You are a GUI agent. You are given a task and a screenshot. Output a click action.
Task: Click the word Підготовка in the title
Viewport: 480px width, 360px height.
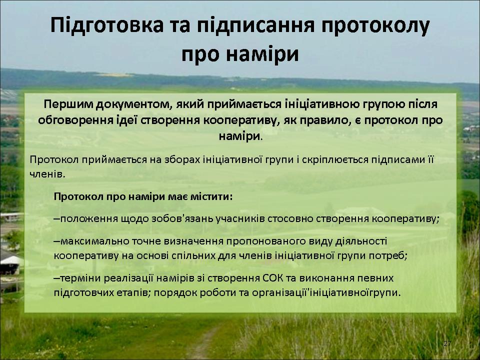(107, 25)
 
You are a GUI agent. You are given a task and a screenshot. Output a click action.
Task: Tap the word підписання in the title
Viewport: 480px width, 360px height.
(255, 25)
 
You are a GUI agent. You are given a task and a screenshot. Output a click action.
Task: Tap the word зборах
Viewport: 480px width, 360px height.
(181, 160)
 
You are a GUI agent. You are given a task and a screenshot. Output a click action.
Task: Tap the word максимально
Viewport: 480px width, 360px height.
(95, 241)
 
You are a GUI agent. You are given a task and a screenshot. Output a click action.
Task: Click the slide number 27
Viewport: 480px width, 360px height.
(447, 343)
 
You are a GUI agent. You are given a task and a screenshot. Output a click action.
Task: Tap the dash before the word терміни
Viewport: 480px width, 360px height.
(56, 278)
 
